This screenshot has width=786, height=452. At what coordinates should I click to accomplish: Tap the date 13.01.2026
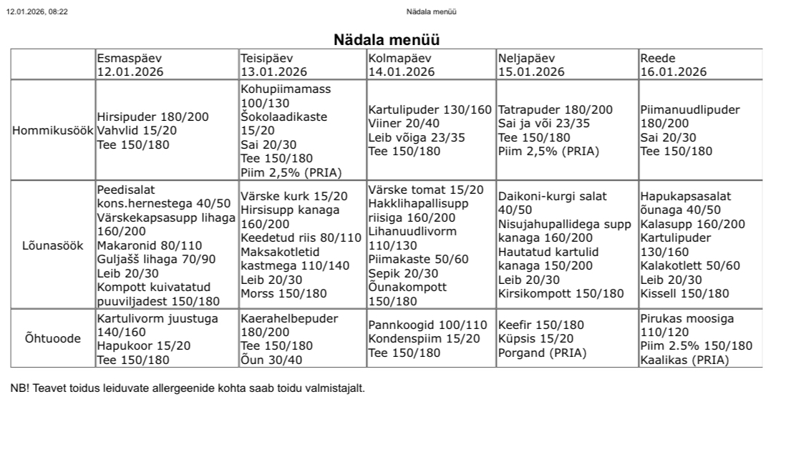click(x=273, y=72)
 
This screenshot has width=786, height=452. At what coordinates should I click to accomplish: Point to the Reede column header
click(x=658, y=58)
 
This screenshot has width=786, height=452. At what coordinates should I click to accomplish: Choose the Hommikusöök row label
click(x=52, y=131)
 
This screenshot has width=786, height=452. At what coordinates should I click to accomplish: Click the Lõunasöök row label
click(x=52, y=245)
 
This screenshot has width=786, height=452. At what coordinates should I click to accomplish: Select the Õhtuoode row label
click(x=52, y=338)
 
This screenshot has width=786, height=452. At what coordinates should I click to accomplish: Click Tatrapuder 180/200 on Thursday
click(x=555, y=110)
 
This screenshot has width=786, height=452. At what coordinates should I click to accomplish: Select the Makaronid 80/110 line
click(x=150, y=245)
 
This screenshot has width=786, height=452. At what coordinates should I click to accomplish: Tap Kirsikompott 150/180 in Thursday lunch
click(x=561, y=293)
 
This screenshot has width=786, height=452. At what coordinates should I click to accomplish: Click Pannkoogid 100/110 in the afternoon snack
click(x=427, y=325)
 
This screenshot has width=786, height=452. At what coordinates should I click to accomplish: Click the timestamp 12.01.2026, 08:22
click(x=37, y=11)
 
